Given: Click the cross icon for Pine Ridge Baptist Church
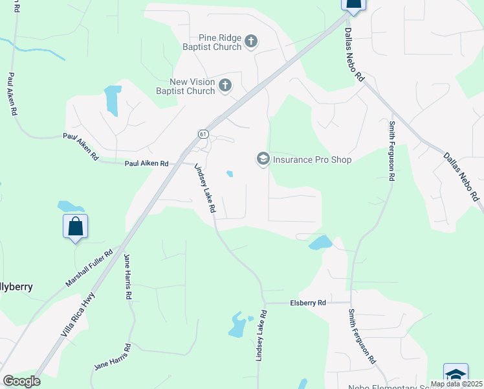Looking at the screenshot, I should pyautogui.click(x=252, y=42).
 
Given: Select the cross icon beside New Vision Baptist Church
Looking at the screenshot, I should pyautogui.click(x=225, y=86).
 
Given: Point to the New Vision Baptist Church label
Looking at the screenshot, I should pyautogui.click(x=192, y=86).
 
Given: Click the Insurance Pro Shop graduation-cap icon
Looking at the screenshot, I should pyautogui.click(x=263, y=159).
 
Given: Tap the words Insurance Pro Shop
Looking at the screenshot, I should pyautogui.click(x=312, y=159).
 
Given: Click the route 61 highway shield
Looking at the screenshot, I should pyautogui.click(x=203, y=134).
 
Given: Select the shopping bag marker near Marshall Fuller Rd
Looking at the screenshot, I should pyautogui.click(x=76, y=227).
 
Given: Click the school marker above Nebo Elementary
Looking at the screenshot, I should pyautogui.click(x=456, y=375).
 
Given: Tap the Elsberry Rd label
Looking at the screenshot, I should pyautogui.click(x=308, y=303).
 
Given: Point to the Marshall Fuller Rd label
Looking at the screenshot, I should pyautogui.click(x=89, y=269).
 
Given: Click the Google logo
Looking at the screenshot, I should pyautogui.click(x=21, y=381).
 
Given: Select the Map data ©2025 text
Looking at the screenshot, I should pyautogui.click(x=456, y=384).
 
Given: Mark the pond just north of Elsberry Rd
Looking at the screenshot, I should pyautogui.click(x=320, y=242).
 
